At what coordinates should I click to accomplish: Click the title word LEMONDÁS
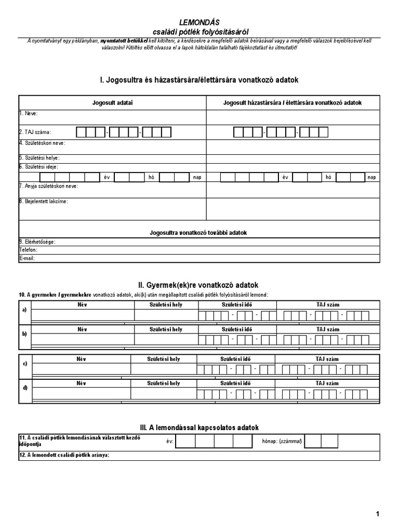point(199,22)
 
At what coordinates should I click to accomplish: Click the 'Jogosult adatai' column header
point(112,103)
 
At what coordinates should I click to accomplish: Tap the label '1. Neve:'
point(29,113)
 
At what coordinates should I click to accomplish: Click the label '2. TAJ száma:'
point(35,132)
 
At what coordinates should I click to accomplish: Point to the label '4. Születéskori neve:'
point(42,143)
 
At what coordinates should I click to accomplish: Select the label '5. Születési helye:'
point(39,157)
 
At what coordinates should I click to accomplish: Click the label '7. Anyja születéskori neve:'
point(48,185)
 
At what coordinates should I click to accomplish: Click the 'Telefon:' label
point(29,250)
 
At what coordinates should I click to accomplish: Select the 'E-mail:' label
point(27,258)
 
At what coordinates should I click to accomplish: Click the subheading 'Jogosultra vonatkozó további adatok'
point(198,232)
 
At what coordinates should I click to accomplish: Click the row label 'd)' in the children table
point(24,388)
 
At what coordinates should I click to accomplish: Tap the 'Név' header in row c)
point(81,358)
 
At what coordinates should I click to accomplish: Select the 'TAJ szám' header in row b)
point(327,329)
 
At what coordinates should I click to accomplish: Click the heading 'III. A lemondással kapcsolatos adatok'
point(199,428)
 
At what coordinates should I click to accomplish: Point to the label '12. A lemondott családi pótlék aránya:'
point(64,456)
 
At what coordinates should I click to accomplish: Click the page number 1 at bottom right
point(378,514)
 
